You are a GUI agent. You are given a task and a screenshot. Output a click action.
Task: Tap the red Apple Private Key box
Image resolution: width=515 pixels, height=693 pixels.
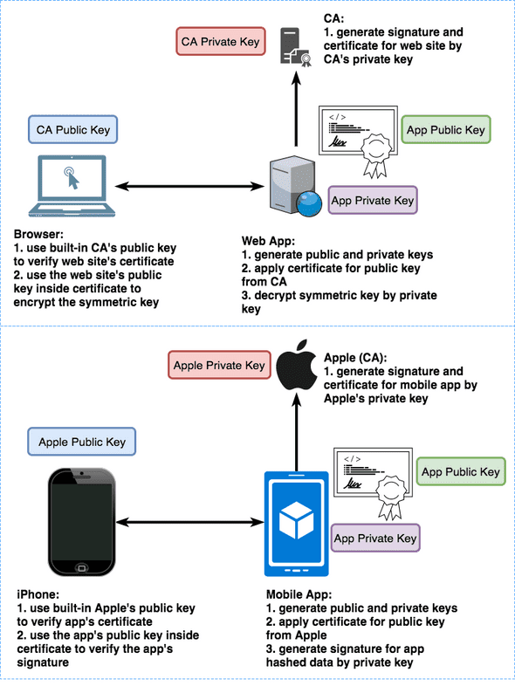219,366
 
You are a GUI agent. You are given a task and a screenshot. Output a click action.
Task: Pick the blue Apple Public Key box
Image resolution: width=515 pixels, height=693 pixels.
82,442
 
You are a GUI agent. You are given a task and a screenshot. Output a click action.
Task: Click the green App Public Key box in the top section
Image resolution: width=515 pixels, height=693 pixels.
446,130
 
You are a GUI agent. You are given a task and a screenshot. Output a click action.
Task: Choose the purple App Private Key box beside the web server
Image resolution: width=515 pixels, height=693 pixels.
373,201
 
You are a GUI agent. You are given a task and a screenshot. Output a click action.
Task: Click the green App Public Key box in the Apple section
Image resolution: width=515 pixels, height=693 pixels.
461,471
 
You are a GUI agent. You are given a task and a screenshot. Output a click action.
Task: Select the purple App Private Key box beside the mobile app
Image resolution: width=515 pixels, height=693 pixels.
375,539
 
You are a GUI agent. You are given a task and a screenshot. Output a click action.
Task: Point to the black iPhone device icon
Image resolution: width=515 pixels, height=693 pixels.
81,522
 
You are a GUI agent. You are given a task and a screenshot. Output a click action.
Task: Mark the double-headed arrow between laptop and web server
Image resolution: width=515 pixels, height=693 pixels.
190,186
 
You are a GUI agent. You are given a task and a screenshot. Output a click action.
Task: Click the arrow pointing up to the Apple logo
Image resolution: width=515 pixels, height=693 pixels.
296,434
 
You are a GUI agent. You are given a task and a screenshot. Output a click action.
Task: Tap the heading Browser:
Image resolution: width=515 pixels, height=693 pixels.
38,235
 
